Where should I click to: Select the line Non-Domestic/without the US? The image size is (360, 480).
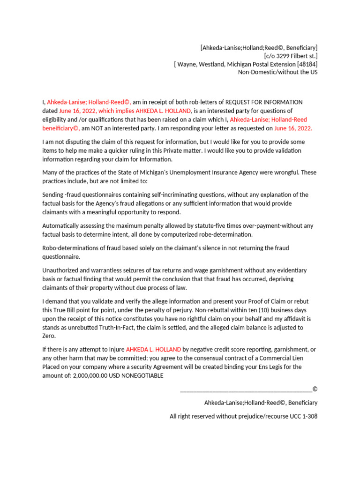click(277, 72)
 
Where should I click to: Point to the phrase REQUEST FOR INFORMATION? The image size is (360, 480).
click(264, 102)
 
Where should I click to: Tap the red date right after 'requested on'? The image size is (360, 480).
click(293, 128)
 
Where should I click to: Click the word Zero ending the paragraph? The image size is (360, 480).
click(50, 336)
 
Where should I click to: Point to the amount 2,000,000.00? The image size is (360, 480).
click(90, 375)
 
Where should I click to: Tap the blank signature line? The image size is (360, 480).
click(246, 389)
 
